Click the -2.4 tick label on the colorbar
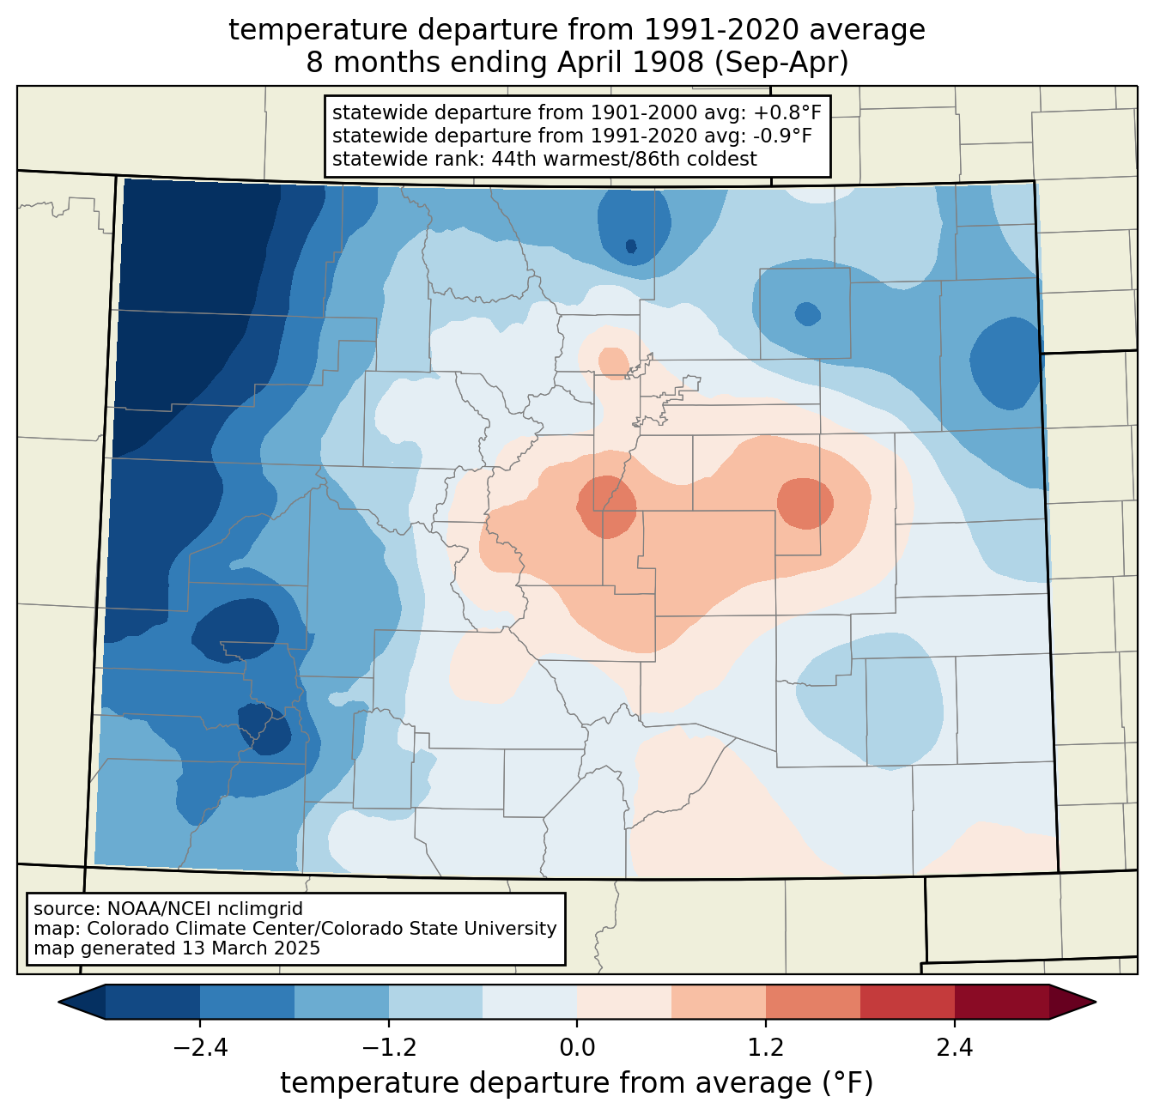(x=200, y=1048)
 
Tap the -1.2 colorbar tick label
(x=388, y=1048)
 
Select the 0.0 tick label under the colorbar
(x=577, y=1048)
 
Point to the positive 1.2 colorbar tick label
(x=766, y=1048)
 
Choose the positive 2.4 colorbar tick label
(x=954, y=1048)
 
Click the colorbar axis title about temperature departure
(x=577, y=1083)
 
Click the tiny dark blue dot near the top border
(x=631, y=246)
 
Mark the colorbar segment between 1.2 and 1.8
(x=812, y=1002)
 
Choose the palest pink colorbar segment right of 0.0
(x=624, y=1002)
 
